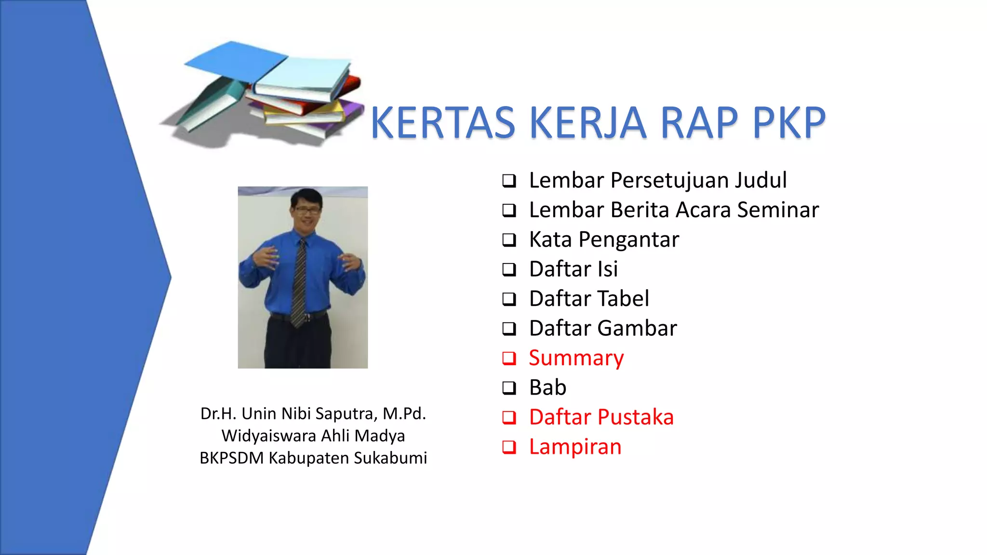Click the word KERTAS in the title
point(443,123)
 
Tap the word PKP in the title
point(789,123)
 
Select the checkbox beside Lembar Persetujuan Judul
point(509,181)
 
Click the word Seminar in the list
point(778,210)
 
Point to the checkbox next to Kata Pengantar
point(509,240)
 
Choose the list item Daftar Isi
point(573,269)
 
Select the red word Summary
point(576,358)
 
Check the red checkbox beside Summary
point(509,358)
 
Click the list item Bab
point(547,388)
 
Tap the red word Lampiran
point(575,447)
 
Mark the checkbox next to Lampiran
point(509,447)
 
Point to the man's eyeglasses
point(307,210)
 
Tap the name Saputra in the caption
point(346,414)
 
